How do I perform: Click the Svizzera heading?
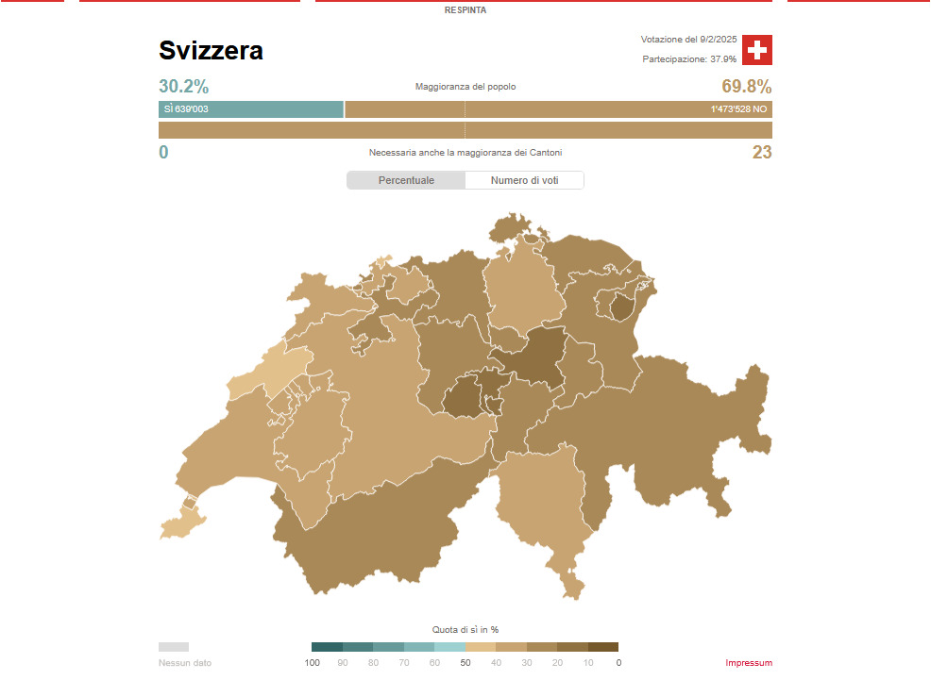click(211, 51)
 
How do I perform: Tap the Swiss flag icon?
click(756, 50)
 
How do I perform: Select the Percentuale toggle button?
click(406, 180)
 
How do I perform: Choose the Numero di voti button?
click(524, 180)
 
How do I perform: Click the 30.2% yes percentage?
click(183, 87)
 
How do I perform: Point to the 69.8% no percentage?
click(746, 87)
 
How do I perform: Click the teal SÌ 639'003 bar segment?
click(250, 109)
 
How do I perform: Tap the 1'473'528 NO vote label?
click(738, 109)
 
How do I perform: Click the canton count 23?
click(761, 153)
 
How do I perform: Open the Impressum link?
click(749, 663)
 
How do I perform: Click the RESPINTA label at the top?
click(465, 10)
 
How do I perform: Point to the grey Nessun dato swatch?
click(174, 647)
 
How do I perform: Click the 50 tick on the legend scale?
click(465, 663)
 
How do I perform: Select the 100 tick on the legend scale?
click(313, 663)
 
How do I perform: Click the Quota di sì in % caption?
click(465, 629)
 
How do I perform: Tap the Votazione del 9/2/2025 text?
click(688, 40)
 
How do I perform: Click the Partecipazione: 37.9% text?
click(689, 59)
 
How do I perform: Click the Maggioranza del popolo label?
click(465, 87)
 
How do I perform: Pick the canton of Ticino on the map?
click(543, 500)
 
